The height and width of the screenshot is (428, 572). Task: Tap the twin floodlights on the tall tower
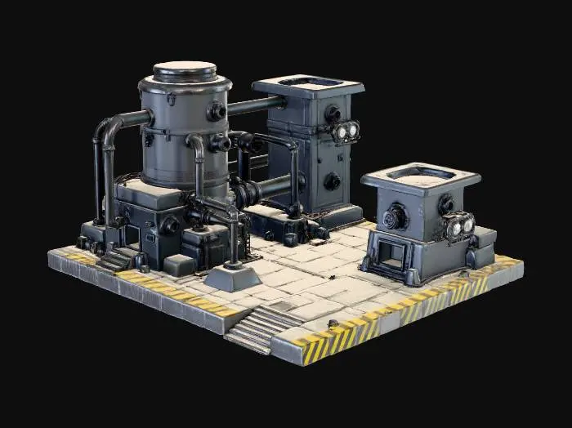coord(346,131)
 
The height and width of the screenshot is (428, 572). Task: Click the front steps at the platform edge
coord(256,328)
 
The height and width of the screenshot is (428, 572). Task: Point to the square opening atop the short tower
coord(420,174)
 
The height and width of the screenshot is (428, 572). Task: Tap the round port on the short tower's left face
coord(396,216)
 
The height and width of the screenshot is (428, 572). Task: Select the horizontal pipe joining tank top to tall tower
coord(255,105)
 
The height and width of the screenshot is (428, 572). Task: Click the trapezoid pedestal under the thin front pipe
coord(232,277)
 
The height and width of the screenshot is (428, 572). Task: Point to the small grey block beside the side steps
coord(179,265)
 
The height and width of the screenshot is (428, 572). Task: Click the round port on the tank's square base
coord(170,225)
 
